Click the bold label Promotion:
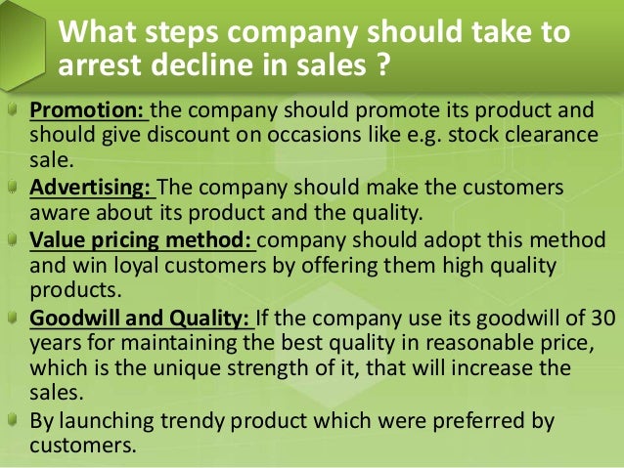pyautogui.click(x=86, y=109)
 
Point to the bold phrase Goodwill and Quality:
pyautogui.click(x=141, y=319)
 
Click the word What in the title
pyautogui.click(x=95, y=31)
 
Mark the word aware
pyautogui.click(x=57, y=211)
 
